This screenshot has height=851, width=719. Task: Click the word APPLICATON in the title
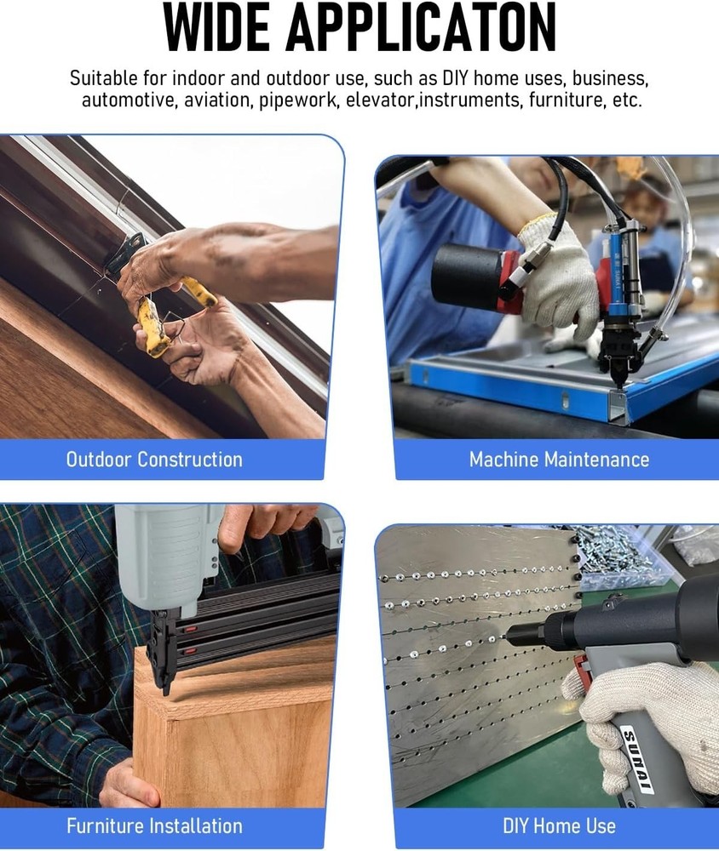click(x=421, y=27)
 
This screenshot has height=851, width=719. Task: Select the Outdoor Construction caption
click(x=154, y=460)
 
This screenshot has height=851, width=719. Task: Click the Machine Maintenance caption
click(x=559, y=460)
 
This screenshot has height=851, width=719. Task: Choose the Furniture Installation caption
click(x=154, y=826)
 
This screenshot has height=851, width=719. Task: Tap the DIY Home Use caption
click(x=559, y=826)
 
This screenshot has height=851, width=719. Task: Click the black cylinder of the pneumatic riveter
click(x=468, y=277)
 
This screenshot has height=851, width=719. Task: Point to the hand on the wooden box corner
click(x=129, y=785)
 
